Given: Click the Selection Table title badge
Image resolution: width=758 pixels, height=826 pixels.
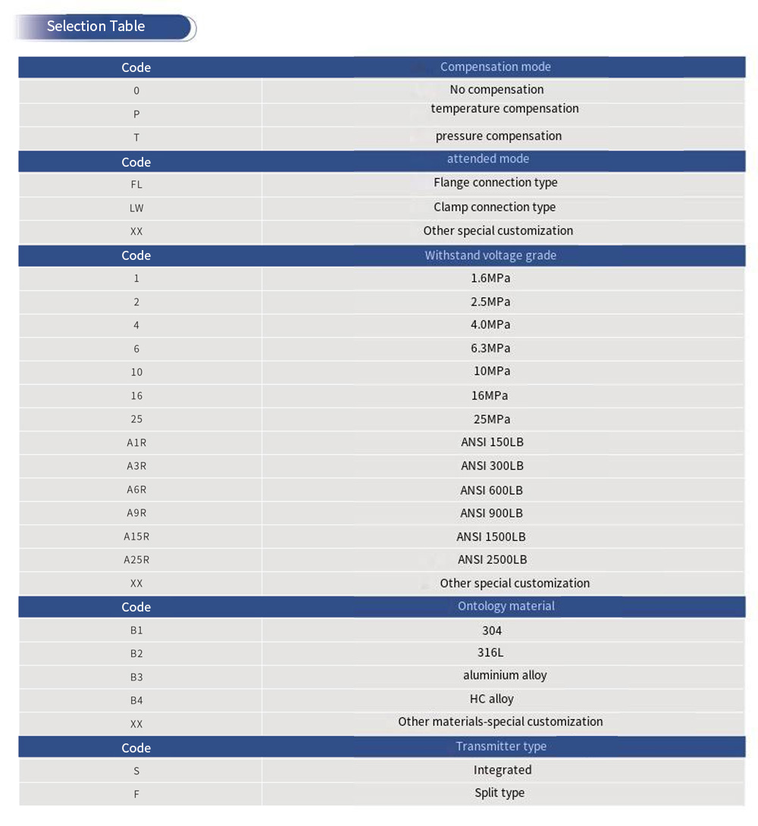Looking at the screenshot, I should pyautogui.click(x=96, y=27).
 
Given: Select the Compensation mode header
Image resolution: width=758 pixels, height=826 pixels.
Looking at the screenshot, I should pyautogui.click(x=495, y=67).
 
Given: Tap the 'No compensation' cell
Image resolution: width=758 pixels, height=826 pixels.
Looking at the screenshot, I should pyautogui.click(x=496, y=89).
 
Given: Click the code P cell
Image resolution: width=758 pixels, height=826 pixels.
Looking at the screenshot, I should pyautogui.click(x=136, y=114).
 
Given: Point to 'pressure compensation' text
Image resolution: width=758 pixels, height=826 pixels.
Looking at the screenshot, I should pyautogui.click(x=498, y=136).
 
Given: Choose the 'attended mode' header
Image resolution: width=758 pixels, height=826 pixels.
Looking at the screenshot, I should pyautogui.click(x=487, y=159).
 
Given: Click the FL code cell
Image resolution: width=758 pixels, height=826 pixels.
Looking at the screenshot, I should pyautogui.click(x=136, y=184).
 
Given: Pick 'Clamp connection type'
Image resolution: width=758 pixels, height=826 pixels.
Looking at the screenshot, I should pyautogui.click(x=494, y=207).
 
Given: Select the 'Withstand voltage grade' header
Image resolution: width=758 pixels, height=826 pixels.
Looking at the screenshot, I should pyautogui.click(x=490, y=255).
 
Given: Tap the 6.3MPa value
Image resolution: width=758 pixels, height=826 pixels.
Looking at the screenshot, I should pyautogui.click(x=490, y=349).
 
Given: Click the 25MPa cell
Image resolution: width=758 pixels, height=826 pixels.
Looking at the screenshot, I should pyautogui.click(x=490, y=419).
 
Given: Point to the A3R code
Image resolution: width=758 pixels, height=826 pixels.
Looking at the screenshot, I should pyautogui.click(x=136, y=466).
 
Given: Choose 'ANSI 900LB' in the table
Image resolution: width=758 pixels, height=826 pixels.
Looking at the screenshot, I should pyautogui.click(x=491, y=513).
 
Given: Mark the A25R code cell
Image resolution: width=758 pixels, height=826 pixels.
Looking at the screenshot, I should pyautogui.click(x=136, y=560).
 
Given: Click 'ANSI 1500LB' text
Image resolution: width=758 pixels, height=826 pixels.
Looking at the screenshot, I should pyautogui.click(x=490, y=537).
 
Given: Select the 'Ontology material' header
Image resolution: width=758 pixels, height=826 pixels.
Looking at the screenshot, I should pyautogui.click(x=506, y=606).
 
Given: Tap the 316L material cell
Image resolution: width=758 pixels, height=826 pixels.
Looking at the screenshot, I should pyautogui.click(x=490, y=652).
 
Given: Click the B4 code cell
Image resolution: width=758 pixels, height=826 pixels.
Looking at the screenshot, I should pyautogui.click(x=136, y=700).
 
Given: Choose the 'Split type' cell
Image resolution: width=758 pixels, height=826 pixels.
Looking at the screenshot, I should pyautogui.click(x=500, y=793).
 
